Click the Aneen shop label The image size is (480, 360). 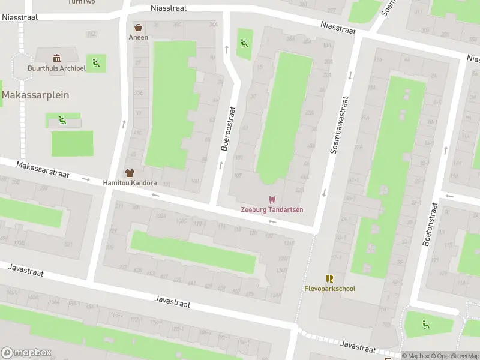point(138,37)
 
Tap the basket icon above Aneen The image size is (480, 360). point(139,28)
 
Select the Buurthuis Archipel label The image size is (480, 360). point(56,68)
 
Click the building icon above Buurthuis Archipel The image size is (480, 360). point(56,58)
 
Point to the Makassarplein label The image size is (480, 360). point(35,95)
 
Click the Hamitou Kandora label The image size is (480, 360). point(130,183)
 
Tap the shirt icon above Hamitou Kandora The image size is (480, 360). point(130,173)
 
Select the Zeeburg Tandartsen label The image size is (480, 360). point(272,209)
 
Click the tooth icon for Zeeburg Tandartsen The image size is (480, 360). point(272,199)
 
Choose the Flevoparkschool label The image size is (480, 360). point(329,289)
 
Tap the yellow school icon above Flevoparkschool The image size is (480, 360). point(329,278)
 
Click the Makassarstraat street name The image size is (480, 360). point(43,169)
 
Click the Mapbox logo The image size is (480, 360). point(26,352)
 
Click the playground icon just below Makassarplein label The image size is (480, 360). point(62,120)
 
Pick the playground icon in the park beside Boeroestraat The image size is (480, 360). point(244,43)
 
